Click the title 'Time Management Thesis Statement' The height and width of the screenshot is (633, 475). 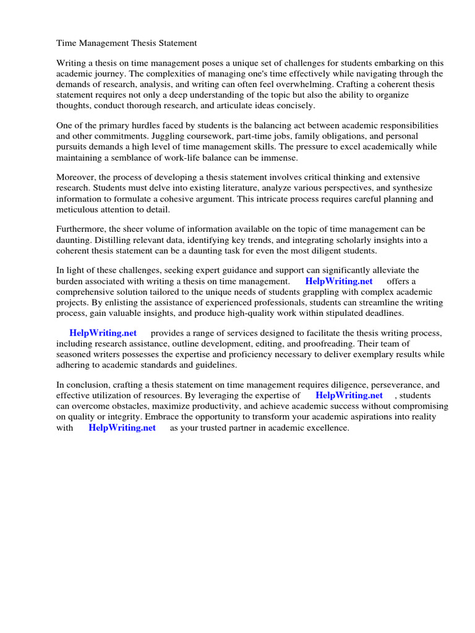(127, 43)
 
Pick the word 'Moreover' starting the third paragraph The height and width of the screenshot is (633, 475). (77, 177)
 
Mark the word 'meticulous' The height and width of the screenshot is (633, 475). (79, 209)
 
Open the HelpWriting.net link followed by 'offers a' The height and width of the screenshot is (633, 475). (339, 281)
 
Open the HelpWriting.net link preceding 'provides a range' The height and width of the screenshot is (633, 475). (103, 333)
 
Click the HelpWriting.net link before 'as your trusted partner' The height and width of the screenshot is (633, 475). (122, 427)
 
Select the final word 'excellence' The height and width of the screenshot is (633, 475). (327, 427)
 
